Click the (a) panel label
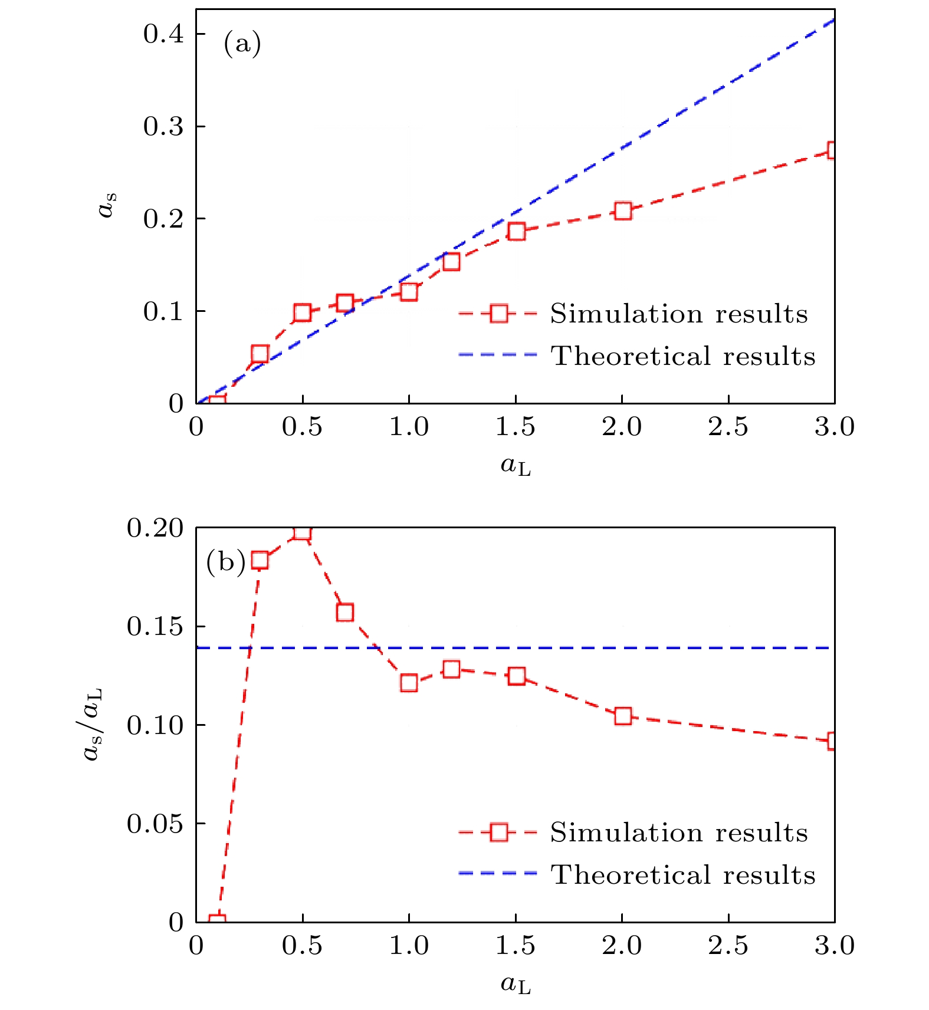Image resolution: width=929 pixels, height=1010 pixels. (242, 44)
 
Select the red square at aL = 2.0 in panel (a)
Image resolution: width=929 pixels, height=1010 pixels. (623, 211)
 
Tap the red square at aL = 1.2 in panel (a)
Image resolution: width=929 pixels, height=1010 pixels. (451, 261)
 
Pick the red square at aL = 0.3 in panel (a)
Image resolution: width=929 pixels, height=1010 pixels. (260, 354)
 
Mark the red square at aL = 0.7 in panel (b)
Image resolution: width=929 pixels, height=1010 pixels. (345, 612)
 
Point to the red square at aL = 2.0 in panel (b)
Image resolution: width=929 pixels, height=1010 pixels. (623, 716)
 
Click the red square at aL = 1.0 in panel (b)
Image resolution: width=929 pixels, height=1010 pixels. (409, 683)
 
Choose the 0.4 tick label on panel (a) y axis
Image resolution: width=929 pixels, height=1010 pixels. (163, 34)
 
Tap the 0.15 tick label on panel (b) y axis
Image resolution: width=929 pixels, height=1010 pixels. (155, 626)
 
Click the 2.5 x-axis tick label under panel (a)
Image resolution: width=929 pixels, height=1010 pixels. (728, 427)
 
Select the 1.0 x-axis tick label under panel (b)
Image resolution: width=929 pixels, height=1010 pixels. (409, 946)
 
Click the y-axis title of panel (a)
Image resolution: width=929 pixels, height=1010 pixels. (107, 205)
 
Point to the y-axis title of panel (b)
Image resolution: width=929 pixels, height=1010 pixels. (93, 724)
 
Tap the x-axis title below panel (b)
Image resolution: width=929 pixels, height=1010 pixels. (516, 984)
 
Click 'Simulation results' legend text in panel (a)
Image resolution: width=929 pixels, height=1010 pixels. (679, 314)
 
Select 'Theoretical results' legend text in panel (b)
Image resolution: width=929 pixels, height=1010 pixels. (683, 874)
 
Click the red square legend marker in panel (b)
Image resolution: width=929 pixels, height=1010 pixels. (498, 832)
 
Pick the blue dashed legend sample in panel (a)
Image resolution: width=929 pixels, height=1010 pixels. (498, 355)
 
